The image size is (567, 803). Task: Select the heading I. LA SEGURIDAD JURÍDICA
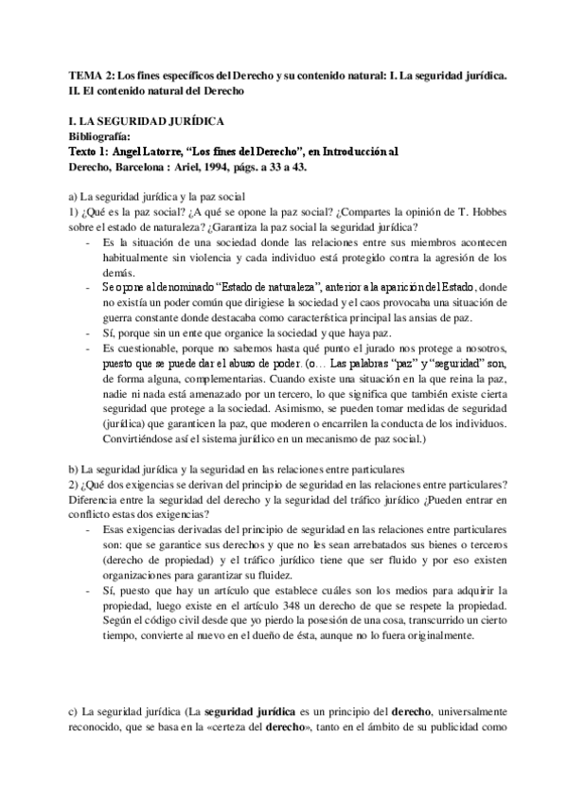point(147,122)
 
